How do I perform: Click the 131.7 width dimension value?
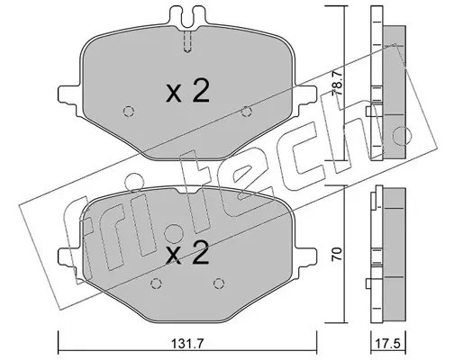(187, 344)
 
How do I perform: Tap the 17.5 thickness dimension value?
(388, 344)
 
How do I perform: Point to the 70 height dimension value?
(338, 254)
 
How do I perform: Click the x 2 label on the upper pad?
(187, 92)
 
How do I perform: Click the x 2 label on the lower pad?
(187, 253)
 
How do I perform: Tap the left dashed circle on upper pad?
(129, 112)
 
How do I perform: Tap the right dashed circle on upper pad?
(247, 112)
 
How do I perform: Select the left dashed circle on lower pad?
(156, 283)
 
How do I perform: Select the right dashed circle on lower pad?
(219, 283)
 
